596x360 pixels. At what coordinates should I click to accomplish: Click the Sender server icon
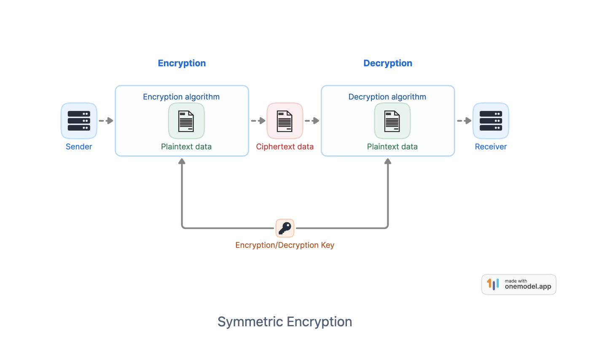coord(79,121)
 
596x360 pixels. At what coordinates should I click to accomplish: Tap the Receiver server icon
coord(491,121)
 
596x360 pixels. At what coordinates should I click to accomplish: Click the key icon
coord(285,228)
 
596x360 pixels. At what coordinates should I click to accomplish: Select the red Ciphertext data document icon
coord(285,121)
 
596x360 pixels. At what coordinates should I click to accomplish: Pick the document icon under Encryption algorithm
coord(186,121)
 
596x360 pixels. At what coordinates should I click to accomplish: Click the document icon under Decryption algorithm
coord(392,121)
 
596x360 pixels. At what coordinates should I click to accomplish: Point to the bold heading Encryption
coord(182,63)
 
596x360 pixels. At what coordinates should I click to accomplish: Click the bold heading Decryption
coord(388,63)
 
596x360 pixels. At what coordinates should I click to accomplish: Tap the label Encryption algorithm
coord(181,97)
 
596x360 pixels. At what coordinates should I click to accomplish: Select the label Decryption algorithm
coord(387,97)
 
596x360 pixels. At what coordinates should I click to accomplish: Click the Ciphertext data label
coord(285,147)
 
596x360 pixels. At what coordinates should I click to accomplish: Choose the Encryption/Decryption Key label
coord(285,245)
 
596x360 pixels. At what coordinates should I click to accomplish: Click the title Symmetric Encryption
coord(285,322)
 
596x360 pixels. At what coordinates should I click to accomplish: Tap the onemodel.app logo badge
coord(518,285)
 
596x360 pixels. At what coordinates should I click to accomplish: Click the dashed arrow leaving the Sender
coord(106,121)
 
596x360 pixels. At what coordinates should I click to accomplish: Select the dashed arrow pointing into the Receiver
coord(464,121)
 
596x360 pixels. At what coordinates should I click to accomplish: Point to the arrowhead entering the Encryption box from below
coord(182,161)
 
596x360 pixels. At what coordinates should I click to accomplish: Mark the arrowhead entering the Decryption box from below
coord(388,161)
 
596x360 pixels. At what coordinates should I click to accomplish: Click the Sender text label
coord(79,147)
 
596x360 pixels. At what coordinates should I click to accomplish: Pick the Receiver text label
coord(491,147)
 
